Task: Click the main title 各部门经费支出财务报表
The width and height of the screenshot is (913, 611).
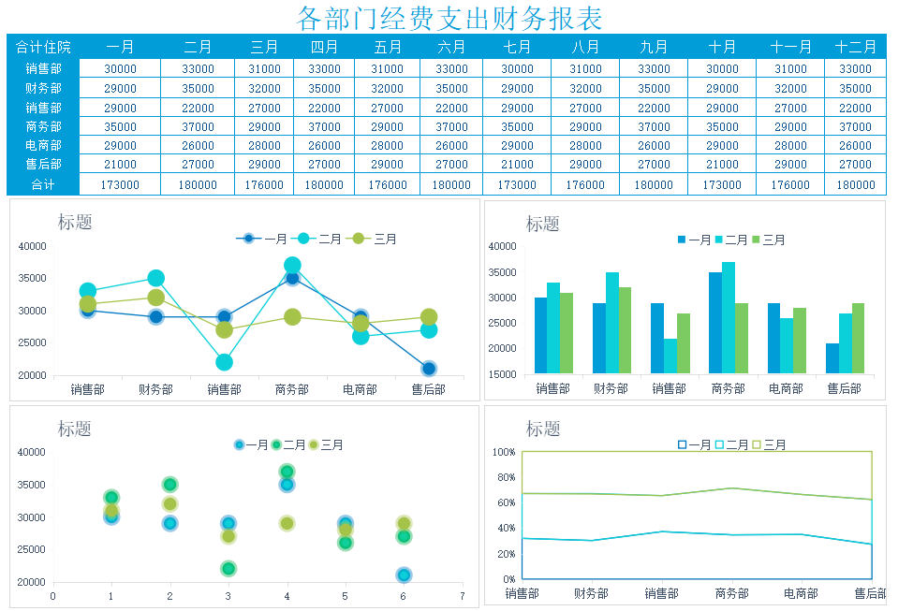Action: (449, 18)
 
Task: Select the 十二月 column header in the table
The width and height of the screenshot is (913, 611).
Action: (855, 47)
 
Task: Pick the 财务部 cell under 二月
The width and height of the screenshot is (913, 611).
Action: (198, 89)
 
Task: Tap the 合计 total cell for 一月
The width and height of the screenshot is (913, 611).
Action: (120, 185)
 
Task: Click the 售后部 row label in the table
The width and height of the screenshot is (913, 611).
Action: (43, 165)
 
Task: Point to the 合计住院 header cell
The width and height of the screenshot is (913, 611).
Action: (43, 47)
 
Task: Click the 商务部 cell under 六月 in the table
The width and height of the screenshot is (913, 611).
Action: (451, 127)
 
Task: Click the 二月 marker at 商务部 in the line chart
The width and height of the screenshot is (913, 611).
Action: (292, 266)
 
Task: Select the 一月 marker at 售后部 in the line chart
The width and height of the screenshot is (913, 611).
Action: (429, 369)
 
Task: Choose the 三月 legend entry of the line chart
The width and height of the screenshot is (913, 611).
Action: (375, 239)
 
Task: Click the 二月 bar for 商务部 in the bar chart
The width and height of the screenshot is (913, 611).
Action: (729, 318)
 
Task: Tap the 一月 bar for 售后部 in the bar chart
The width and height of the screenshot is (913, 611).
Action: (832, 358)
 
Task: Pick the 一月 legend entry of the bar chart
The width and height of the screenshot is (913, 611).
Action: (695, 240)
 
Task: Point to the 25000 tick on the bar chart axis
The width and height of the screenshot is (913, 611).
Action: (503, 323)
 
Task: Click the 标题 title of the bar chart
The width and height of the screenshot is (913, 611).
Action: (543, 224)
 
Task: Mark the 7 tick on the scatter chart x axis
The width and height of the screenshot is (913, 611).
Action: (463, 596)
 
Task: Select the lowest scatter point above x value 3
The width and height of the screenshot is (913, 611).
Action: (228, 568)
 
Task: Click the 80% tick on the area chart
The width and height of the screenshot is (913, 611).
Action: (505, 477)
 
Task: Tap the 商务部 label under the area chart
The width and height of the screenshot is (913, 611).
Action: (731, 593)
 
